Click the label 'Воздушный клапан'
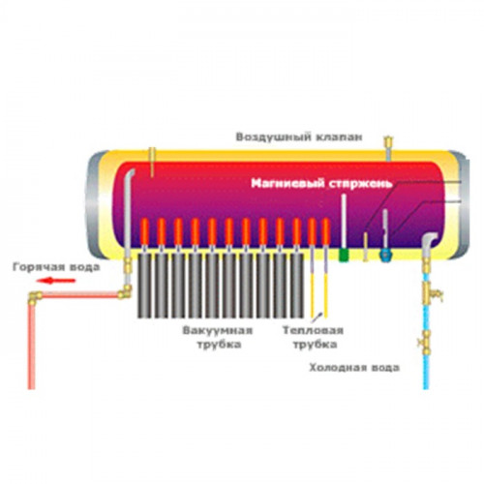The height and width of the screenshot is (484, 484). [x=299, y=137]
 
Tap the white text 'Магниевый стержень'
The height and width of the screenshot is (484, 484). [x=321, y=184]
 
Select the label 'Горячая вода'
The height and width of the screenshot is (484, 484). [x=56, y=268]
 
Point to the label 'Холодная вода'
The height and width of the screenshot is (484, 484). [x=354, y=368]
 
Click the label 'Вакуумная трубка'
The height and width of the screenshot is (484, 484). [x=218, y=338]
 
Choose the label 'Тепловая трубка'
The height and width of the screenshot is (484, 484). [x=314, y=338]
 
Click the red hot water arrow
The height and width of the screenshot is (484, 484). [x=55, y=281]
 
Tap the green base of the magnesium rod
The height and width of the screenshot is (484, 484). [x=344, y=255]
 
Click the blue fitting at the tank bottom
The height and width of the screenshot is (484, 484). [x=385, y=256]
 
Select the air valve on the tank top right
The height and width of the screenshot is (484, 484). [x=388, y=148]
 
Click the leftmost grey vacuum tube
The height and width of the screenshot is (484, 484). [x=144, y=286]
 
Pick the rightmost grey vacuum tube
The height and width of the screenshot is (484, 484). [x=296, y=286]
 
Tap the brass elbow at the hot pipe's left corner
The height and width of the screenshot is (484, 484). [x=35, y=297]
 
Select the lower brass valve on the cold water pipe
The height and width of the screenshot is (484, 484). [x=425, y=342]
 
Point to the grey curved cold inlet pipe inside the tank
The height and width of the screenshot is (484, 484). [x=427, y=245]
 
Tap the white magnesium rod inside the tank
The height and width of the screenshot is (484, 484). [x=344, y=221]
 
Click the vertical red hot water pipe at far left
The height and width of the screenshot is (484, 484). [x=31, y=346]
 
